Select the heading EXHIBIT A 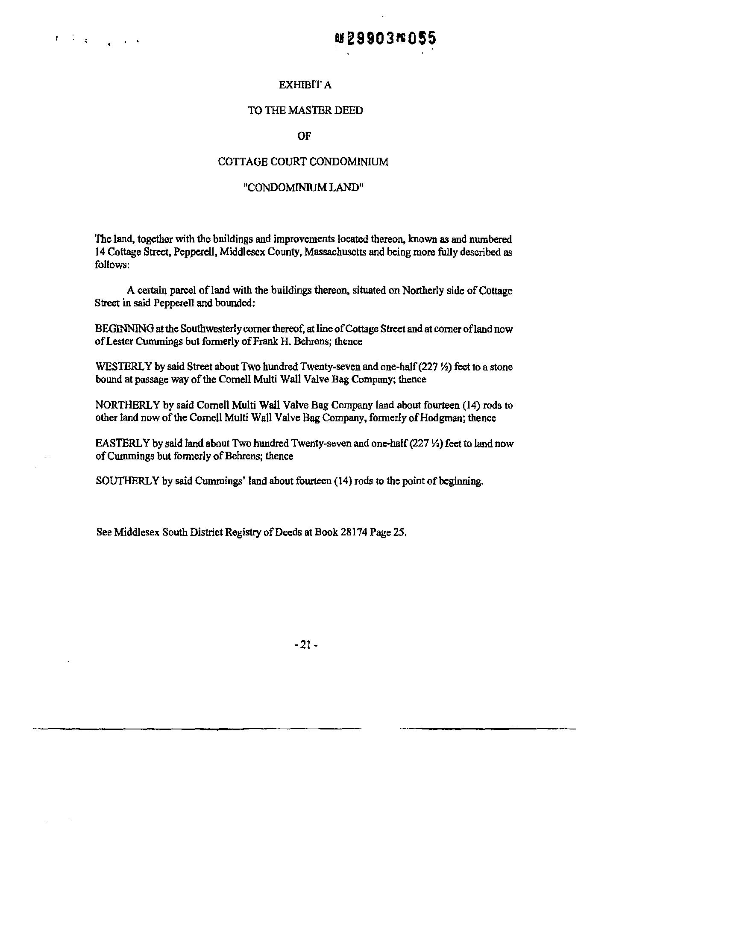click(x=305, y=85)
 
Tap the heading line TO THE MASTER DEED click(x=305, y=110)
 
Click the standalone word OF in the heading click(x=304, y=136)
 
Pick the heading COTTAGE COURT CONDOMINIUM click(x=303, y=162)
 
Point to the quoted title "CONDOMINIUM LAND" click(x=304, y=187)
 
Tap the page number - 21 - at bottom click(x=306, y=645)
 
